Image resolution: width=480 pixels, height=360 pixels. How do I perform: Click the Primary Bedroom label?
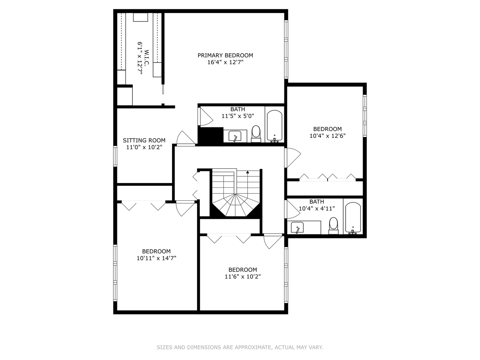point(225,55)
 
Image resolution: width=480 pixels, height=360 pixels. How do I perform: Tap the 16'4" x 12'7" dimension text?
point(225,62)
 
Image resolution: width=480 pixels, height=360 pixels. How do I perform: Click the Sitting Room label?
point(144,140)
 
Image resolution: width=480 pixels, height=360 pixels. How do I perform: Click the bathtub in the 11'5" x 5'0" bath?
point(275,126)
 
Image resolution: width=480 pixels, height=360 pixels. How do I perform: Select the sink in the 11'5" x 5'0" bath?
point(235,136)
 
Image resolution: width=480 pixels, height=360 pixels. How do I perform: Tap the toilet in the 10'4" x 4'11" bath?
point(333,225)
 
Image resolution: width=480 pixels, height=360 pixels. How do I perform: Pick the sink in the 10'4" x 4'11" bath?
point(297,228)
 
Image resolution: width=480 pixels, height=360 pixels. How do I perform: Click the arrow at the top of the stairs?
point(248,172)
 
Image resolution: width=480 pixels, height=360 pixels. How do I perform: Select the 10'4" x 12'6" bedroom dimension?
point(327,136)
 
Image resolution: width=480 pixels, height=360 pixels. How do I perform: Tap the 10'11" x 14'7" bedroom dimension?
point(156,258)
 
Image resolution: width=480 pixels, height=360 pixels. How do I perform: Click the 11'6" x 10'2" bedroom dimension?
point(243,276)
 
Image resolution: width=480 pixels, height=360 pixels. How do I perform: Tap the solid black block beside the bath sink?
point(210,136)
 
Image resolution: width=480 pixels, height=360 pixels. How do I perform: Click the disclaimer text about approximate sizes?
point(240,347)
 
